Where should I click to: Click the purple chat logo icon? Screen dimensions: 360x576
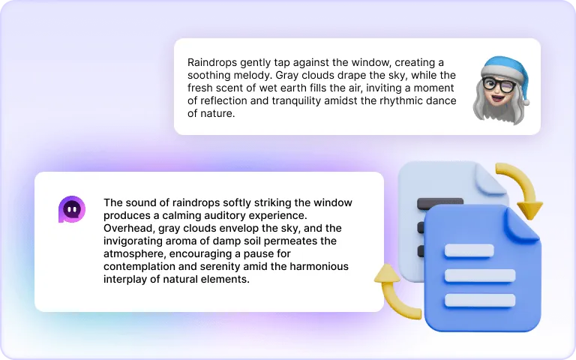click(x=72, y=209)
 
